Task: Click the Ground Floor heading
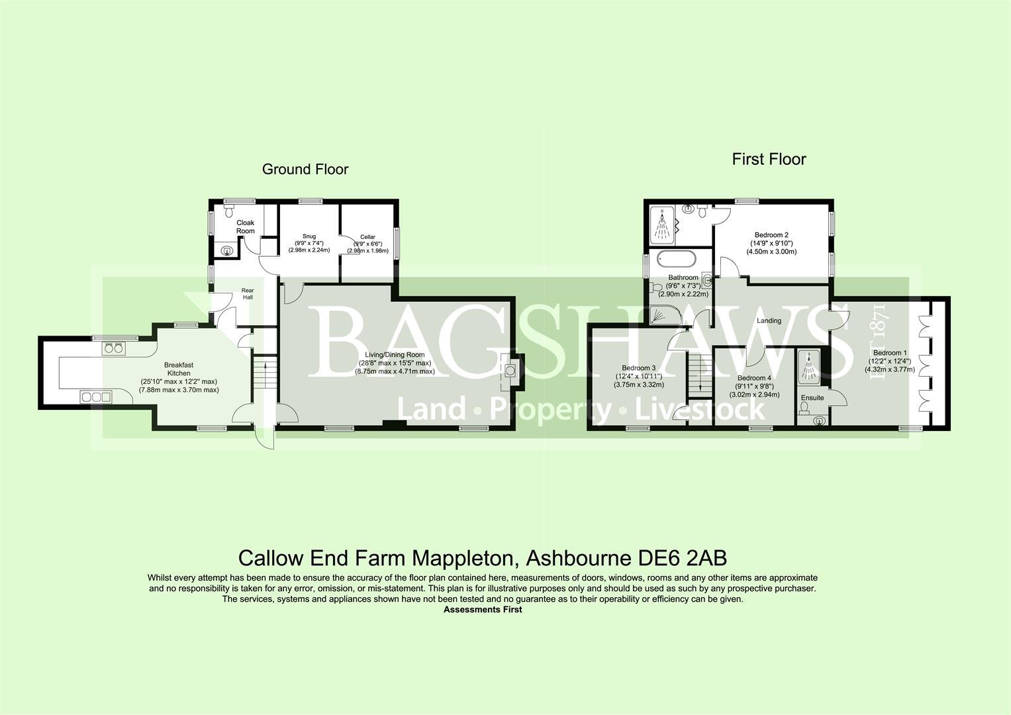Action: click(305, 169)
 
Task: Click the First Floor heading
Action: click(769, 160)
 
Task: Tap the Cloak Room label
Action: click(246, 227)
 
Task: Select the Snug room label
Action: click(309, 236)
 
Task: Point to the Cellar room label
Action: click(367, 237)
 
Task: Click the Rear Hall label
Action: click(247, 294)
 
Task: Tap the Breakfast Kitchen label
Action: click(179, 369)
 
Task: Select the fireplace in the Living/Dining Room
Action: click(510, 371)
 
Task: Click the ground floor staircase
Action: click(265, 377)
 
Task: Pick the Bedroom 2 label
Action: click(771, 234)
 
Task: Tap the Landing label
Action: click(769, 320)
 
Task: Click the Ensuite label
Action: click(812, 398)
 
